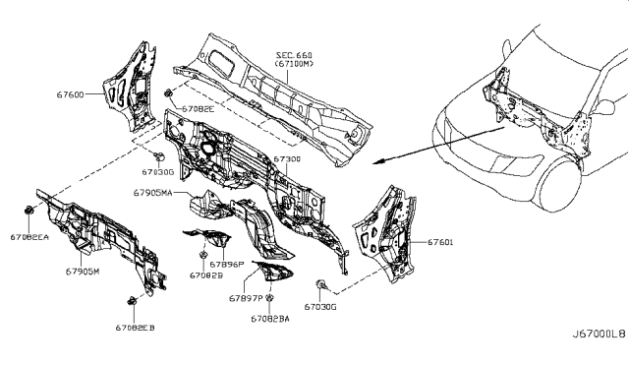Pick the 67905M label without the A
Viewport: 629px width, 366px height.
82,271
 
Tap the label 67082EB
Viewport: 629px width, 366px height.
135,328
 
